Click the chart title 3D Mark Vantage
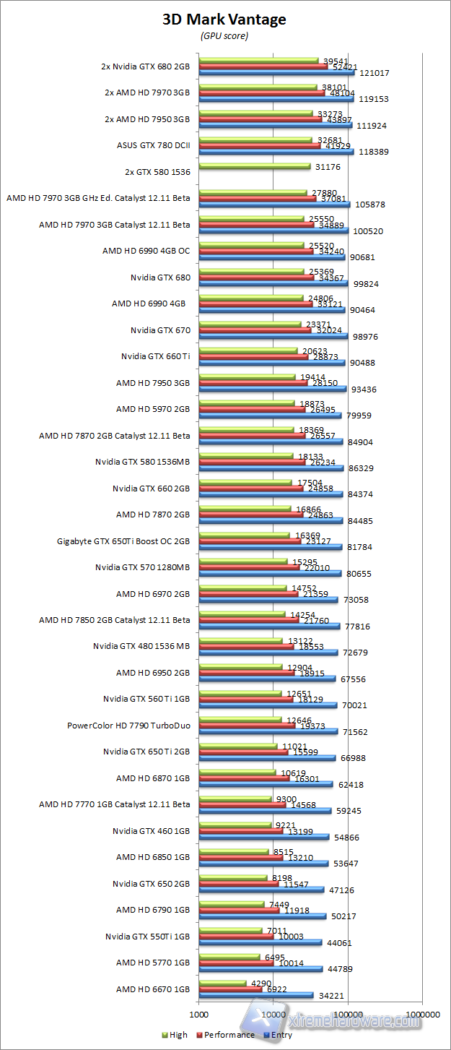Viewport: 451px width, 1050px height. click(x=224, y=20)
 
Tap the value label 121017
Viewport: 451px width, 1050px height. click(x=374, y=73)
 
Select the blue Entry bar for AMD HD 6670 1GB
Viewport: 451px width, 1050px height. click(x=256, y=995)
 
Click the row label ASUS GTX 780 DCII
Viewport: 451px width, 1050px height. click(x=153, y=145)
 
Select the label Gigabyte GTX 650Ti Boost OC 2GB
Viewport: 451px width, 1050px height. click(x=123, y=541)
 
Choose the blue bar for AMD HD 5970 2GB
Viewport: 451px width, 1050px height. click(x=270, y=415)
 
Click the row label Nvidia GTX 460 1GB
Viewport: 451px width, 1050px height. click(x=151, y=830)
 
